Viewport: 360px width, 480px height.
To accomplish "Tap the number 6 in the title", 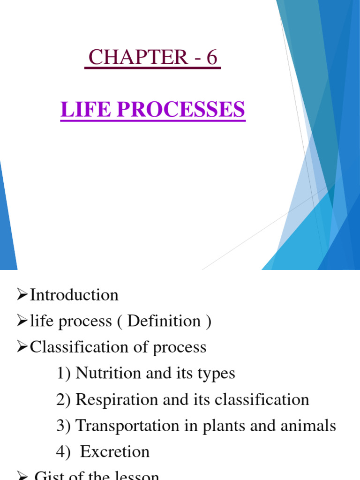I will [212, 58].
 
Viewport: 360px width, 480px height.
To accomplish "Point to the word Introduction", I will [74, 295].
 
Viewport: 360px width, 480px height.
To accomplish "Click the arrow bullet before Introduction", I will [23, 295].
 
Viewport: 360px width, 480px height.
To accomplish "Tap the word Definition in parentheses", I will [164, 321].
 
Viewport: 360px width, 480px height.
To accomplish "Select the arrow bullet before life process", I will [23, 321].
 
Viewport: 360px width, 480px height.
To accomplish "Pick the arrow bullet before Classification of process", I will [23, 347].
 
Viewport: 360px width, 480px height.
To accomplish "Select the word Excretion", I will [115, 452].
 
